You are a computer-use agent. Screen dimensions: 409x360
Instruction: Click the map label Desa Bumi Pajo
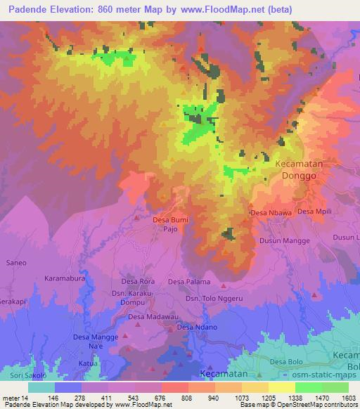[170, 224]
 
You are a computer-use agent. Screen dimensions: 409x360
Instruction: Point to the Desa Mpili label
[314, 211]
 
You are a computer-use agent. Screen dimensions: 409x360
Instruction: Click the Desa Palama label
[188, 282]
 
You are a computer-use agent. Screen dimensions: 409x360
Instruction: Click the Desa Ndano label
[195, 327]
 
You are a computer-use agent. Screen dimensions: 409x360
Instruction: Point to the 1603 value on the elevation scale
[349, 397]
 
